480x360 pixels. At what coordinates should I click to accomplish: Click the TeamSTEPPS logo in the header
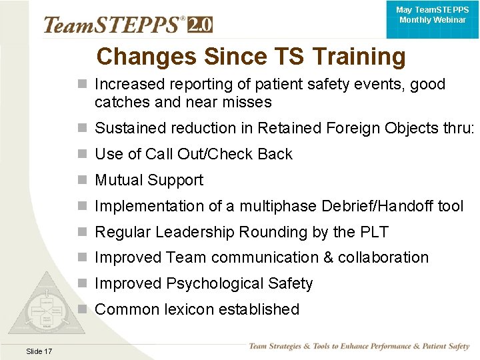click(x=113, y=25)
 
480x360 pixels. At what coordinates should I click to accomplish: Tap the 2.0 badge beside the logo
click(x=200, y=25)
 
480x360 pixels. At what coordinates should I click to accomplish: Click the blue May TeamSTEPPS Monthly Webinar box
click(x=431, y=16)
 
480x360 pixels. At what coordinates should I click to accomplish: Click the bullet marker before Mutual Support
click(x=82, y=180)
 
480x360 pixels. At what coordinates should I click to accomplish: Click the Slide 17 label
click(x=39, y=351)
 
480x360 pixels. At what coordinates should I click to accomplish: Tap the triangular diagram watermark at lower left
click(x=48, y=307)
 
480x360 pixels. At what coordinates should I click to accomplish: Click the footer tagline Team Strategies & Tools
click(x=359, y=347)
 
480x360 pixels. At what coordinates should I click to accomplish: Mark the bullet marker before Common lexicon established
click(x=82, y=309)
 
